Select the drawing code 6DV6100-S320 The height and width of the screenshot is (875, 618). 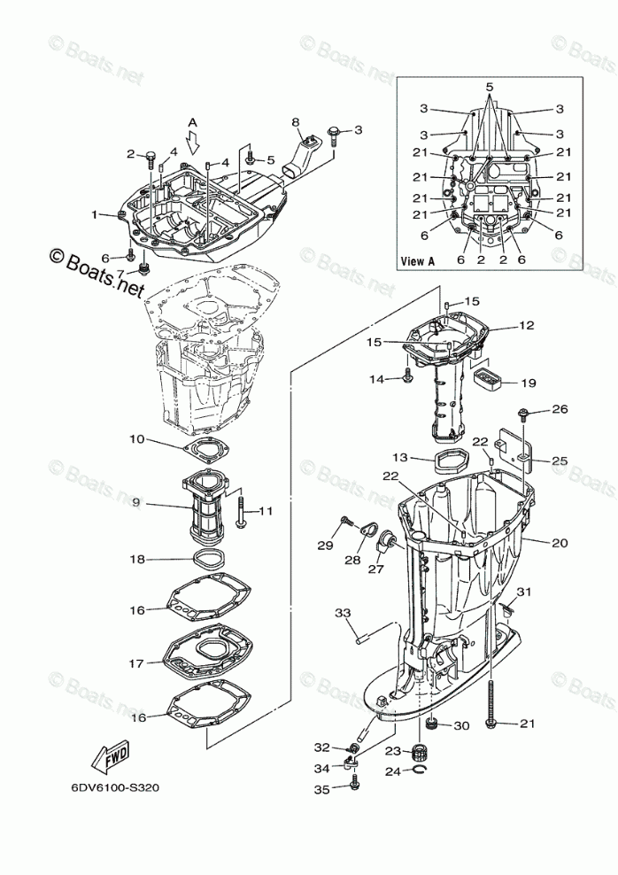(111, 786)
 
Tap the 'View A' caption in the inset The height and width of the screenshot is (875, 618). (418, 260)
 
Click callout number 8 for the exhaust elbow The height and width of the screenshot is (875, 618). (296, 121)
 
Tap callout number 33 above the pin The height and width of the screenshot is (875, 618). (343, 613)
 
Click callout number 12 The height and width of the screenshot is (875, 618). (527, 325)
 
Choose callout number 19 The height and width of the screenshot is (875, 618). (529, 383)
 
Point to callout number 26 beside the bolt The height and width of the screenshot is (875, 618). (560, 409)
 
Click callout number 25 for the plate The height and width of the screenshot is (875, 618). (560, 461)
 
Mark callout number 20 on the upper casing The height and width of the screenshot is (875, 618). (560, 543)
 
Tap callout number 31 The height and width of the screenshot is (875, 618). (524, 592)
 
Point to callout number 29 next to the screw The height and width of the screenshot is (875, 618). (324, 543)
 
